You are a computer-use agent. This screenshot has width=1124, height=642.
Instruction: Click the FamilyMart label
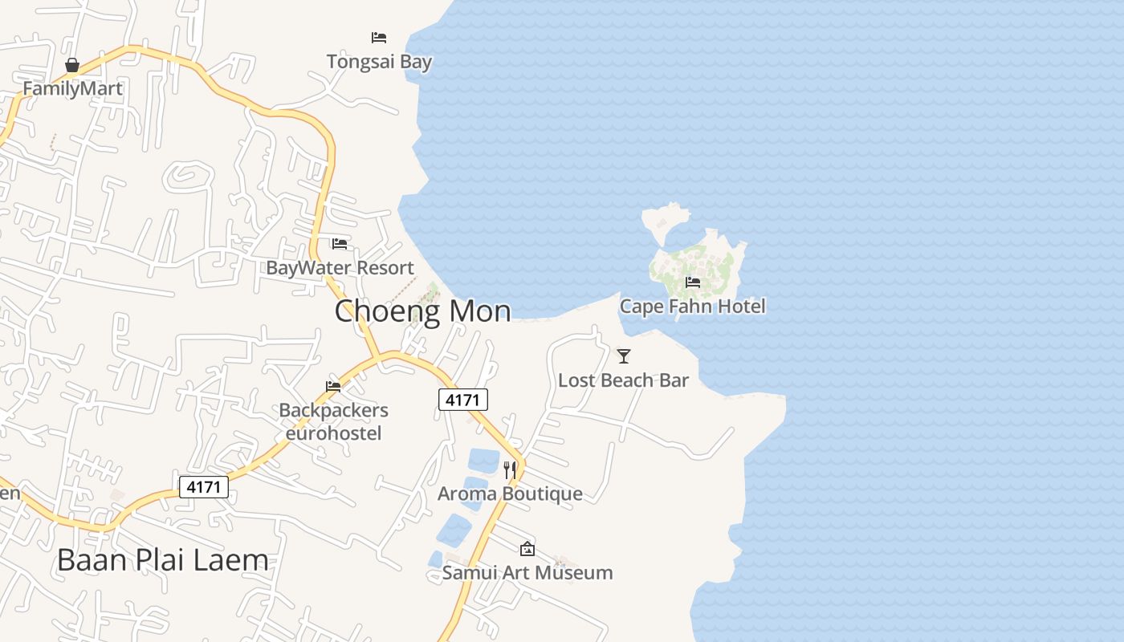click(72, 88)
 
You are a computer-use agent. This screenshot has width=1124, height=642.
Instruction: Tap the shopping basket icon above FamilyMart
click(72, 65)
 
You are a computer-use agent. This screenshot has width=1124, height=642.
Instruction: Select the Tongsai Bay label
click(379, 62)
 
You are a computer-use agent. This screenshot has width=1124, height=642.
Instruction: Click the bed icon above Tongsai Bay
click(379, 38)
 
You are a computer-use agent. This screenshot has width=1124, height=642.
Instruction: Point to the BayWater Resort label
click(340, 268)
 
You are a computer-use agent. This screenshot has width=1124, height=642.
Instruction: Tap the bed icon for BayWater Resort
click(340, 243)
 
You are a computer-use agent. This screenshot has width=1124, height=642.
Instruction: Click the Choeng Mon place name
click(422, 311)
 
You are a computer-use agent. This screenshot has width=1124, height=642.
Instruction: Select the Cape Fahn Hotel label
click(692, 306)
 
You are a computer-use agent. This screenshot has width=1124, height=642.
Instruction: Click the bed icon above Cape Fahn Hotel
click(693, 282)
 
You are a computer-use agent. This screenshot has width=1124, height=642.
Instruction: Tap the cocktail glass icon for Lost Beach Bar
click(624, 356)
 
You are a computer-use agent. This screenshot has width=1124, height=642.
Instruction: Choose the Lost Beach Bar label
click(623, 380)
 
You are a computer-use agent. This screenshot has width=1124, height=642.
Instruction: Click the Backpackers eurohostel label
click(333, 421)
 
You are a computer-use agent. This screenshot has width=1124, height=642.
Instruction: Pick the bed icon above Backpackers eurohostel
click(333, 387)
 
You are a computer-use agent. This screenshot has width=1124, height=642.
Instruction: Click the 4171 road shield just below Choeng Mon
click(463, 400)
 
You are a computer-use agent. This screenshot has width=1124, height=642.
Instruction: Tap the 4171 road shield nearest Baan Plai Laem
click(204, 486)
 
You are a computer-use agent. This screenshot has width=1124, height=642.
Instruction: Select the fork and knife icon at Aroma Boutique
click(510, 469)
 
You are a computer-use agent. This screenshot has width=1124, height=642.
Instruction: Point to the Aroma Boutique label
click(510, 494)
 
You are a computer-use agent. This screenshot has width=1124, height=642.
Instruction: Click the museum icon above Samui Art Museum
click(527, 549)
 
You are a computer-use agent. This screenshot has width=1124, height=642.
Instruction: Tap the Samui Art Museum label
click(527, 572)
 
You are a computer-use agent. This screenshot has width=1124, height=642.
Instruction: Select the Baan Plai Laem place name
click(162, 560)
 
